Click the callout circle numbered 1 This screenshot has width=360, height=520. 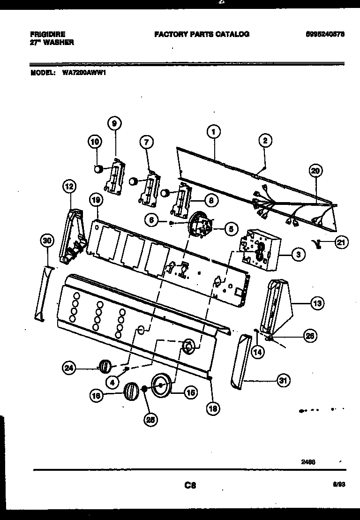pos(213,133)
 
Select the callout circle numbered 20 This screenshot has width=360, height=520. pos(315,171)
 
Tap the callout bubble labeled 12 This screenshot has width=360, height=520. pos(69,187)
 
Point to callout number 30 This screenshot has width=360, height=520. pos(46,241)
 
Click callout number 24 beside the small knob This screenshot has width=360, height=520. pos(69,368)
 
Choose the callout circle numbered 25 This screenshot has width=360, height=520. pos(150,420)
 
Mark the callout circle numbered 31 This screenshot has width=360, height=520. pos(282,380)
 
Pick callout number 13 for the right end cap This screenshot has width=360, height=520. pos(317,304)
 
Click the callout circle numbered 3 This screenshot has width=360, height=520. pos(298,255)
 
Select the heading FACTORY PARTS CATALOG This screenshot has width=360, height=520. pos(202,34)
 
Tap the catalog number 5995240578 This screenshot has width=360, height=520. pos(325,34)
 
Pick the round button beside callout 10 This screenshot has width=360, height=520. pos(99,169)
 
